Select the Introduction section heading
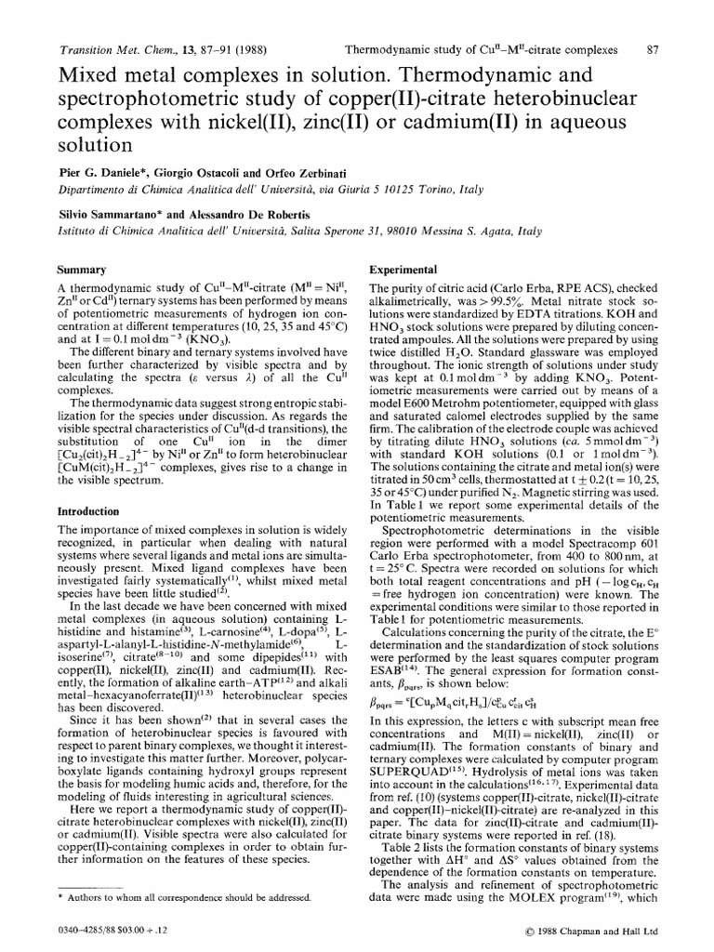pyautogui.click(x=88, y=511)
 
